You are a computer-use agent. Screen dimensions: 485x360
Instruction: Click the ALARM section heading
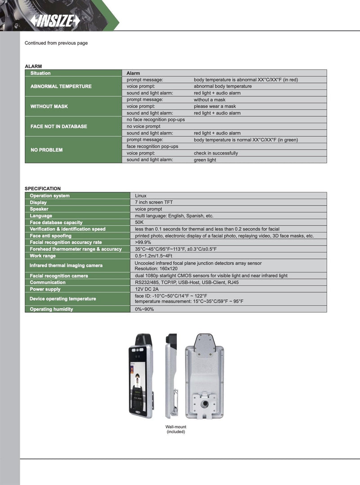(x=33, y=66)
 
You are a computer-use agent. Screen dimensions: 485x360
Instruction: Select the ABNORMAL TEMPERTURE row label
(x=61, y=86)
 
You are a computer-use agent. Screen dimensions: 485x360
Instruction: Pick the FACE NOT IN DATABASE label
(x=58, y=126)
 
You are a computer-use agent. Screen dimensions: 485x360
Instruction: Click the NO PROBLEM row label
(x=46, y=150)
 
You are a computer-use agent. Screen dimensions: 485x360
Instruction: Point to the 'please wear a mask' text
(x=215, y=107)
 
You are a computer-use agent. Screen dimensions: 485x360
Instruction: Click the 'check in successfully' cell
(x=216, y=153)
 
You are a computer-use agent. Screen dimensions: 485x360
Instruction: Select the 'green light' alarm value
(x=205, y=160)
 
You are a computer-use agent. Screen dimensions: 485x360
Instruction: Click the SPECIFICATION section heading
(x=42, y=189)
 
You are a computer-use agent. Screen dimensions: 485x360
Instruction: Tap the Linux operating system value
(x=141, y=196)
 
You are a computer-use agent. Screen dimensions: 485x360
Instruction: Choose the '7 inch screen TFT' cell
(x=154, y=202)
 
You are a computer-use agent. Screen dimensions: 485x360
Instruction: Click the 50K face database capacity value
(x=139, y=222)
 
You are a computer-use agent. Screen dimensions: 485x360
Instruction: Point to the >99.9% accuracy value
(x=143, y=242)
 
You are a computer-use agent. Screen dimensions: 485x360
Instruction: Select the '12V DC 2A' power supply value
(x=147, y=289)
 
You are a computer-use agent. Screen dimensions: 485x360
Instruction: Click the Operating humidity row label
(x=51, y=309)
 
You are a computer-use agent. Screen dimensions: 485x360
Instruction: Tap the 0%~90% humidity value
(x=144, y=309)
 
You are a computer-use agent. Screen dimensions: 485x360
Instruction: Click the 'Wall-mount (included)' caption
(x=175, y=429)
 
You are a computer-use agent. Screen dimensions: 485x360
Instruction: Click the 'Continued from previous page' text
(x=56, y=43)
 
